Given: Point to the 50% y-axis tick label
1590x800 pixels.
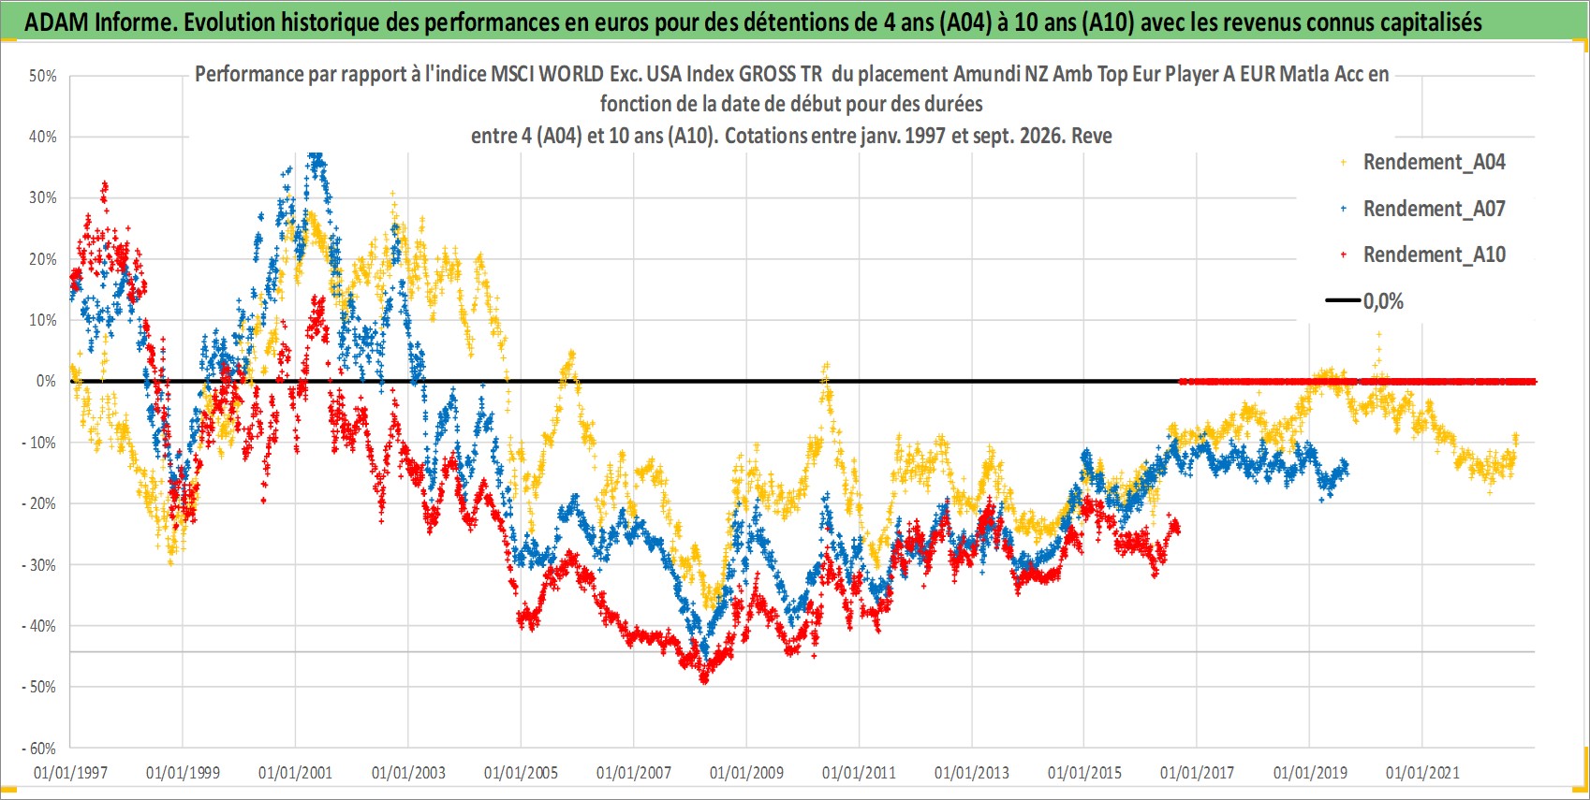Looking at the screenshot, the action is pos(42,76).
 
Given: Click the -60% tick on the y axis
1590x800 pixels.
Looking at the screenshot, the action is pos(39,749).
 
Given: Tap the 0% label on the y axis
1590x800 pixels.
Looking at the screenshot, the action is pos(46,382).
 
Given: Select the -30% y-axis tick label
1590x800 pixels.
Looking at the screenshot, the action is pos(39,565).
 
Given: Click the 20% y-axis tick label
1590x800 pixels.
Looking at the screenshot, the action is pos(42,259).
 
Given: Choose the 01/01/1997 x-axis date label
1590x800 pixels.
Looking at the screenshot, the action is pos(70,773).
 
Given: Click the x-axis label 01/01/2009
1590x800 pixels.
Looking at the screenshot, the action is pos(746,773).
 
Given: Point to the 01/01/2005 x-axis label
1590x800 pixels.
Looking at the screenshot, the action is pos(521,773).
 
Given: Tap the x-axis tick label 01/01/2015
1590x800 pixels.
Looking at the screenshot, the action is pos(1084,773).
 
